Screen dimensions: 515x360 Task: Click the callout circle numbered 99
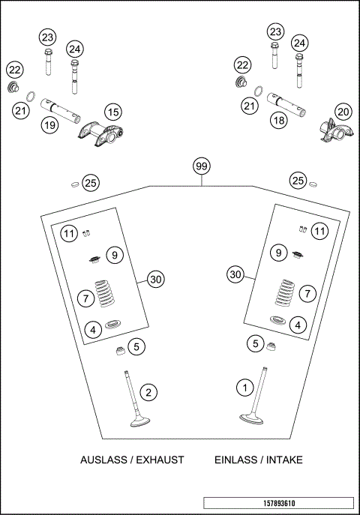pos(200,166)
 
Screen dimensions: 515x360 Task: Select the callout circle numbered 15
pos(112,113)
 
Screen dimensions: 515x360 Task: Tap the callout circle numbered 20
pos(343,112)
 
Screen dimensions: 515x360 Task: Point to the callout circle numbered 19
pos(49,125)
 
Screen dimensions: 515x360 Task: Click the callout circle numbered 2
pos(149,392)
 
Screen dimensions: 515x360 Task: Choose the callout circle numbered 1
pos(244,388)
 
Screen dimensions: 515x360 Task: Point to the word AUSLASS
pos(101,460)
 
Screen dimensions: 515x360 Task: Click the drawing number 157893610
pos(277,503)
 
